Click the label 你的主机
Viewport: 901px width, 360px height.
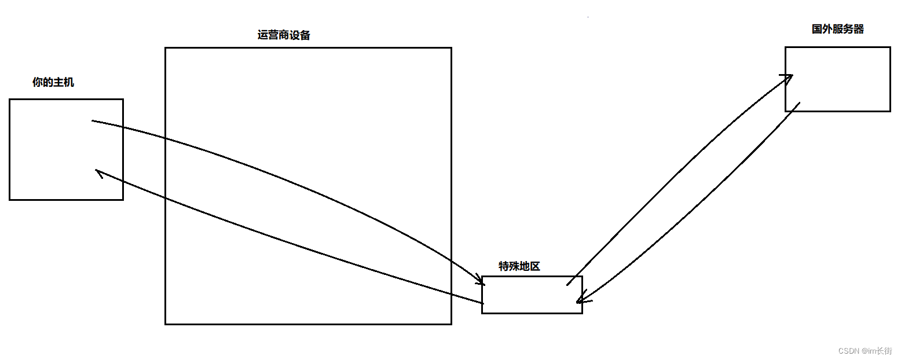click(x=53, y=83)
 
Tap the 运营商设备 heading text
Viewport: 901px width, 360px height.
click(x=284, y=35)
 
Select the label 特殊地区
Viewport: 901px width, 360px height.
click(x=519, y=266)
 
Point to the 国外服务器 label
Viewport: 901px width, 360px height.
click(x=837, y=29)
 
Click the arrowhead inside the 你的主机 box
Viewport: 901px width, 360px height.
click(x=99, y=173)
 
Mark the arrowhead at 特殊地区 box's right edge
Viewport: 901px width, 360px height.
click(x=580, y=300)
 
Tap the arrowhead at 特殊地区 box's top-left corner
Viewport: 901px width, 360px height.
click(x=480, y=282)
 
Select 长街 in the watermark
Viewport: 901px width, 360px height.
click(x=885, y=351)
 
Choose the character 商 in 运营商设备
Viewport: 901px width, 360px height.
click(x=284, y=35)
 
